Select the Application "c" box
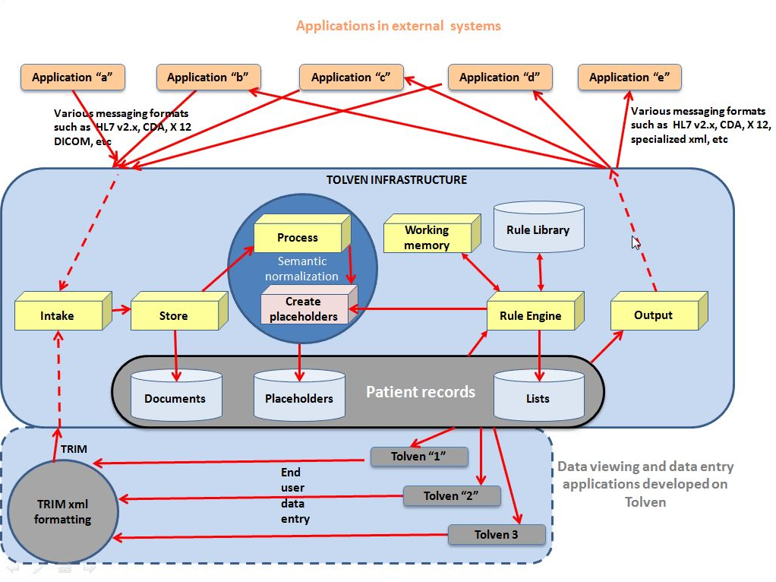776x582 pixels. point(351,77)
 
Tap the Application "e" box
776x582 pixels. point(629,77)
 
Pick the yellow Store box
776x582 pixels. point(174,315)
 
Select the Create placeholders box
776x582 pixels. point(303,309)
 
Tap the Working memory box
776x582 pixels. point(427,237)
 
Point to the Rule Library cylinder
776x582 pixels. point(538,229)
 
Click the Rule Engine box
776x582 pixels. point(531,315)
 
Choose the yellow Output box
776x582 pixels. point(653,315)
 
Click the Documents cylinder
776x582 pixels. point(175,397)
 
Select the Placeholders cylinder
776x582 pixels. point(299,397)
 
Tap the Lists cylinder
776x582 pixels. point(538,397)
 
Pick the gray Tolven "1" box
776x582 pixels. point(418,457)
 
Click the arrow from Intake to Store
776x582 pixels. point(121,310)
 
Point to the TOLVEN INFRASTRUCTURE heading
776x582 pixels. point(396,180)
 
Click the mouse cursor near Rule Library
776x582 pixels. point(636,242)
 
